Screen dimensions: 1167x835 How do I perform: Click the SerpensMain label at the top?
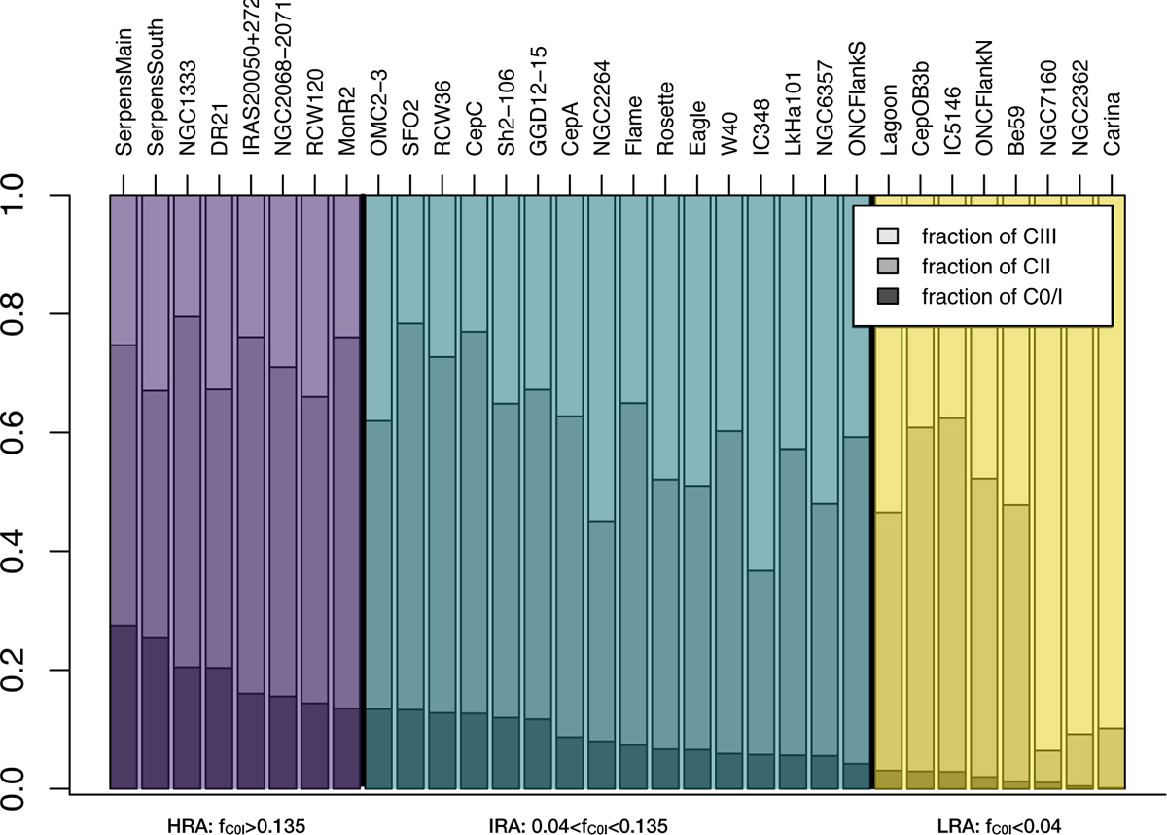124,91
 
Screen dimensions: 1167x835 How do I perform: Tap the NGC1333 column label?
187,108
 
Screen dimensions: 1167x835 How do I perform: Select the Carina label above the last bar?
1112,124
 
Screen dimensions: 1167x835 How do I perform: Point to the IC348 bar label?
761,127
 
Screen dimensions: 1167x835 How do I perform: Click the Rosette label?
665,119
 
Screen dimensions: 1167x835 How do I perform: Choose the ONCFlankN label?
984,98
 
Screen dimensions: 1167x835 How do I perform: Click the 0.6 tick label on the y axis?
14,432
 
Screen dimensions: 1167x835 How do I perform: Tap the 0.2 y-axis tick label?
14,670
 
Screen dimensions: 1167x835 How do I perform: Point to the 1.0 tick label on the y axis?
14,195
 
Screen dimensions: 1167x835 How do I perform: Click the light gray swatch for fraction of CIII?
888,236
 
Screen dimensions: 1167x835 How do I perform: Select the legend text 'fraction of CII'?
986,267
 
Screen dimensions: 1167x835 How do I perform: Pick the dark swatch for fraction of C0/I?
888,296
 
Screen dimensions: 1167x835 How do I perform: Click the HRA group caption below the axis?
236,826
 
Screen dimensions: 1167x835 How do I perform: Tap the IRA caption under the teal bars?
579,826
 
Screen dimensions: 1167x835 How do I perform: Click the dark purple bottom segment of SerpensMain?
124,707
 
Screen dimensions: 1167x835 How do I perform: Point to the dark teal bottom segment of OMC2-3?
378,748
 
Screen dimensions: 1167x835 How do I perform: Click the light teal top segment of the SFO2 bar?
410,259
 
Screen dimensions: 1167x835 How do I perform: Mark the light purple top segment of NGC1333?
187,255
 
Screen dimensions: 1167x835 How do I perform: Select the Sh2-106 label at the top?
506,113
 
